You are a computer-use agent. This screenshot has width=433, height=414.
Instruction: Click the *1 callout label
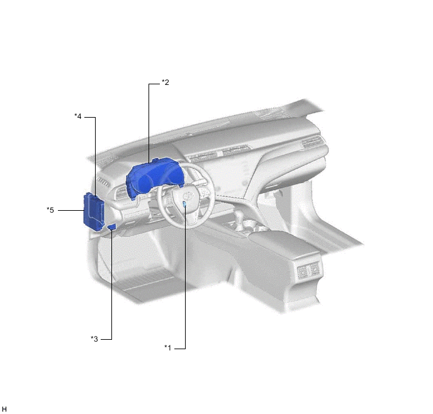(167, 348)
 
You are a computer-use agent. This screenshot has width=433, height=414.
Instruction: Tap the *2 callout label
(165, 82)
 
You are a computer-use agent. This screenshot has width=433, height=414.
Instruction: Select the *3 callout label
(94, 338)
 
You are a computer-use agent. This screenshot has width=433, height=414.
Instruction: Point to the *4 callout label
(78, 116)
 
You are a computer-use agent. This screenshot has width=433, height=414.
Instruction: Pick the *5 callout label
(50, 210)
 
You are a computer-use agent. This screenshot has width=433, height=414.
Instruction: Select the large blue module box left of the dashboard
(94, 211)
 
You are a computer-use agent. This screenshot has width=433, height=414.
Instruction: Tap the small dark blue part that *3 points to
(112, 227)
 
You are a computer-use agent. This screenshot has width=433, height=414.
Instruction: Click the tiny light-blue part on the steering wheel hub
(184, 204)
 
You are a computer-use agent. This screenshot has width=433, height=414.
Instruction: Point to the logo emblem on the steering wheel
(187, 196)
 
